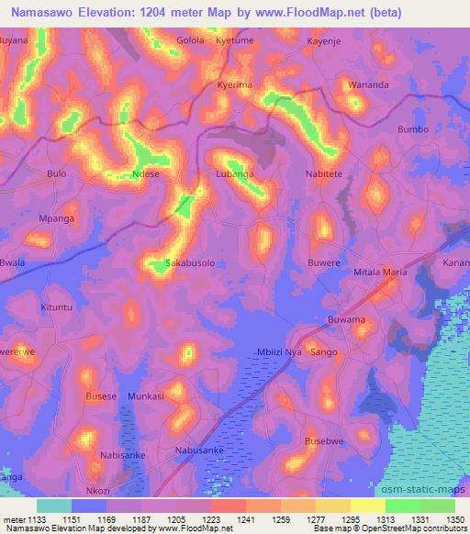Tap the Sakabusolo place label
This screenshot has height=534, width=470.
click(190, 262)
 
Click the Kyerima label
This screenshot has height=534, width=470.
click(235, 84)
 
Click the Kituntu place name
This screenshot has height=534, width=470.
click(56, 308)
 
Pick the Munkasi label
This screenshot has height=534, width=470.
click(145, 396)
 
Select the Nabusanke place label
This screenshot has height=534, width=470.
click(199, 451)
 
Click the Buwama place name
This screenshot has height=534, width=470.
click(346, 319)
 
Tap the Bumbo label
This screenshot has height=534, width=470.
click(413, 129)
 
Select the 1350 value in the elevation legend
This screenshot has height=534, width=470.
click(454, 518)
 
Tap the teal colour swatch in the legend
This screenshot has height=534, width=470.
click(54, 506)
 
